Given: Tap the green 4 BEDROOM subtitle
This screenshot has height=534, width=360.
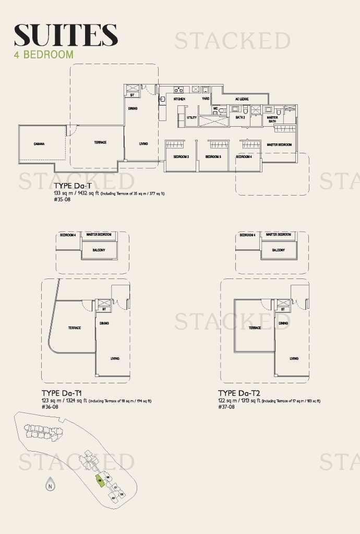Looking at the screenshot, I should [44, 54].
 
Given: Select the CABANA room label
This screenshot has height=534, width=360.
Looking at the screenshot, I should [39, 144].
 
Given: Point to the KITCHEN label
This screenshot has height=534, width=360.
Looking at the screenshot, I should [179, 99].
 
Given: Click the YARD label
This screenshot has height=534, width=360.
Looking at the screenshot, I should [206, 99].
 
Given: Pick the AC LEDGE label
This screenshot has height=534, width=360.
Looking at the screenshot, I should [242, 99].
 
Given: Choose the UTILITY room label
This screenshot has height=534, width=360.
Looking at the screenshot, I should [192, 117].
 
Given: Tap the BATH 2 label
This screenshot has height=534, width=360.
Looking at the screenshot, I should [240, 117].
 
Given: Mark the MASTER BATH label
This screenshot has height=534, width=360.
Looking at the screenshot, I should [272, 119].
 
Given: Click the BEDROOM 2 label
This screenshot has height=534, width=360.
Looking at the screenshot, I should [181, 156].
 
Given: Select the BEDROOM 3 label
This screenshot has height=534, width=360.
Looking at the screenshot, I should [213, 156].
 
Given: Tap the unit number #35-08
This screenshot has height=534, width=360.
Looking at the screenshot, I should [62, 199].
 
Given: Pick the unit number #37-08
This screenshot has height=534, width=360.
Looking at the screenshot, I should [226, 407].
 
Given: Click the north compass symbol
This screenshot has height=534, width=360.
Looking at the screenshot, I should [50, 485].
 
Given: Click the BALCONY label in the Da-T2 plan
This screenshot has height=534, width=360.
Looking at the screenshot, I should [279, 250].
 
